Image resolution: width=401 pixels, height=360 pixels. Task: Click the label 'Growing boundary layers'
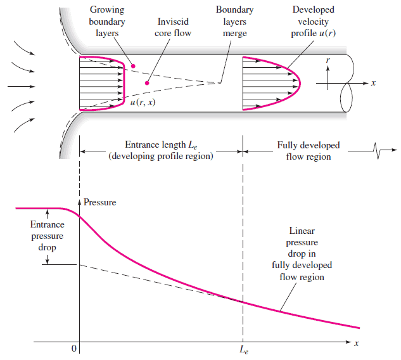click(x=107, y=22)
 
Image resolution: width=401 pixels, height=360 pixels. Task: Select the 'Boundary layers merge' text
click(x=234, y=22)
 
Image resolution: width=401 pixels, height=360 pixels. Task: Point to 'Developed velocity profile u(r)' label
click(x=314, y=22)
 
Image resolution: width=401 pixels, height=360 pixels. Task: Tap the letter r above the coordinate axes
click(x=328, y=60)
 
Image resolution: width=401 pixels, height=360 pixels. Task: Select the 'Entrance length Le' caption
click(x=162, y=151)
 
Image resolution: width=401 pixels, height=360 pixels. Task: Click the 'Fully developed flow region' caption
click(x=309, y=151)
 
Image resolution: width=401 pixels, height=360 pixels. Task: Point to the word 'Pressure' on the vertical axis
click(x=100, y=202)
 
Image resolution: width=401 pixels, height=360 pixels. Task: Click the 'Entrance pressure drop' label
click(x=47, y=236)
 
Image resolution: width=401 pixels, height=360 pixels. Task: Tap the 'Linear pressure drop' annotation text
click(x=302, y=254)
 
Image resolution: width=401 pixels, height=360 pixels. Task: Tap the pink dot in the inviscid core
click(x=148, y=83)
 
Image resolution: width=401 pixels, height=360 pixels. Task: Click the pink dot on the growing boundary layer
click(x=132, y=65)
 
